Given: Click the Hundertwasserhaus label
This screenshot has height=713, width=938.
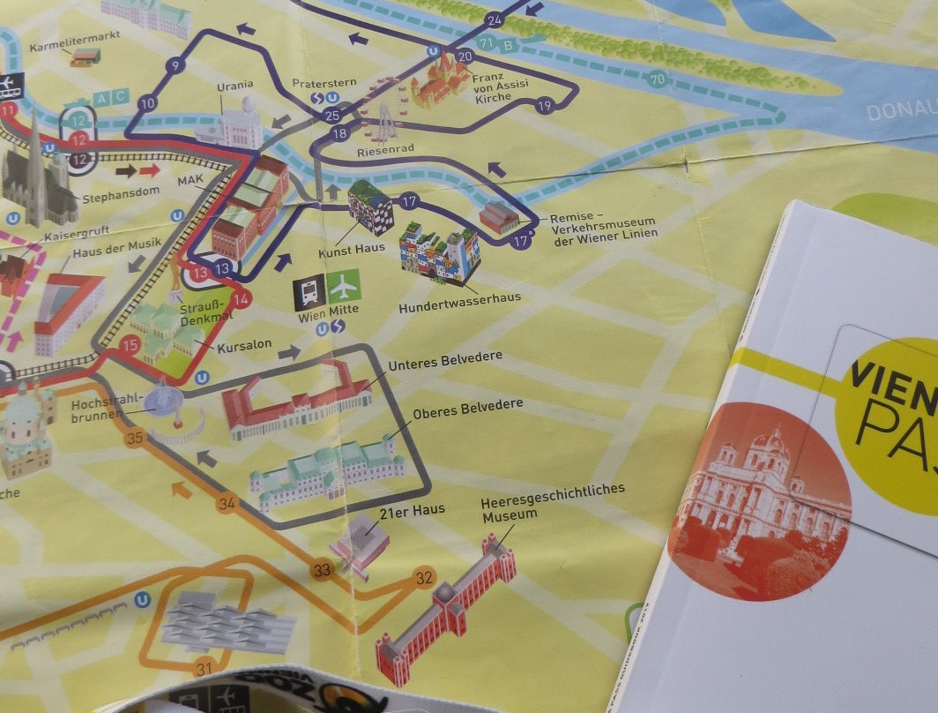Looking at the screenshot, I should [x=459, y=297].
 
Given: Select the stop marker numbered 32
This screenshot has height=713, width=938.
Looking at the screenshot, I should [x=425, y=578].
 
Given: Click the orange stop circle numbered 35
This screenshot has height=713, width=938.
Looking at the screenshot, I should [x=135, y=437].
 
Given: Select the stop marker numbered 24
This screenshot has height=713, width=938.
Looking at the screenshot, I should [x=494, y=19].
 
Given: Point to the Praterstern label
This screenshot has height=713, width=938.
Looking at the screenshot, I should [x=324, y=83].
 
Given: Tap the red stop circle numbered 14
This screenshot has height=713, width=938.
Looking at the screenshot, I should [x=241, y=298].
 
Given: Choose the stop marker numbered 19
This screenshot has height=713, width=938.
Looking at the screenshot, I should [x=544, y=106].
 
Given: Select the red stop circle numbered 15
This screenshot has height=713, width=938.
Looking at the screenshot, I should [x=131, y=345].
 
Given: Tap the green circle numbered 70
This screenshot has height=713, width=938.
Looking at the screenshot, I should [x=657, y=79].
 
